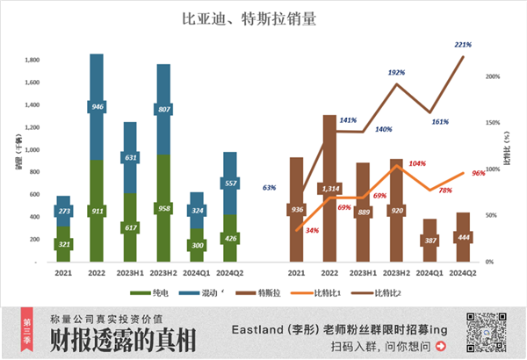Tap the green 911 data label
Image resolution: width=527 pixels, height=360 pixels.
point(97,212)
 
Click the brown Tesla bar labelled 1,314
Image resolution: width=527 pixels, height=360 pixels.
point(329,189)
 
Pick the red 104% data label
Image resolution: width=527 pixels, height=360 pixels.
point(417,163)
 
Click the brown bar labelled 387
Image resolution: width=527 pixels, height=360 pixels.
point(429,240)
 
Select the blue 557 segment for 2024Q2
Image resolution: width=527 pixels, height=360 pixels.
point(229,184)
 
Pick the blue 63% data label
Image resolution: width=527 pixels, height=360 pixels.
point(270,187)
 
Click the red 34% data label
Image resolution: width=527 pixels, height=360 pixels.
point(313,230)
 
